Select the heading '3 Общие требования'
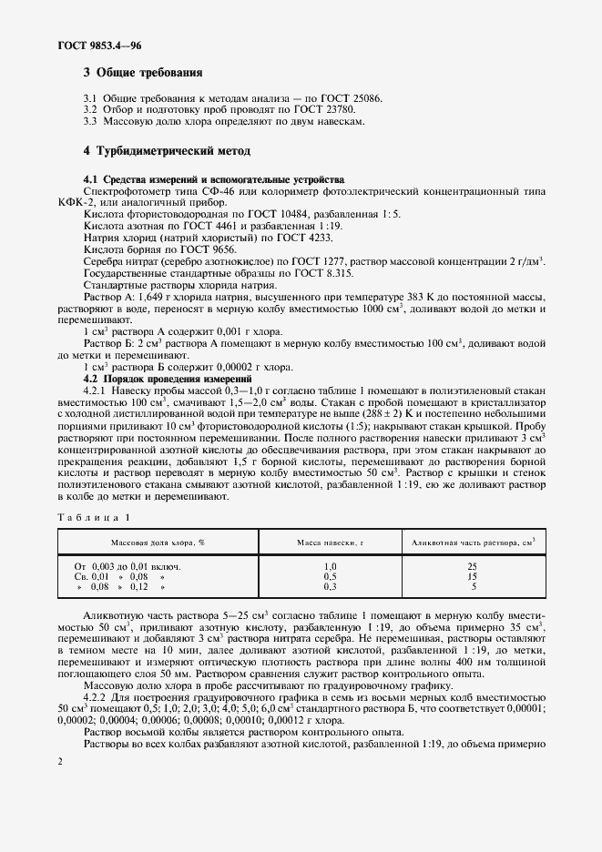coord(143,72)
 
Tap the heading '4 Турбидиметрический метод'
coord(167,150)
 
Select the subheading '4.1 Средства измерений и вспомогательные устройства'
coord(214,179)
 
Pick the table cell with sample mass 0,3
coord(330,587)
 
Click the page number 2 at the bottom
coord(59,761)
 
